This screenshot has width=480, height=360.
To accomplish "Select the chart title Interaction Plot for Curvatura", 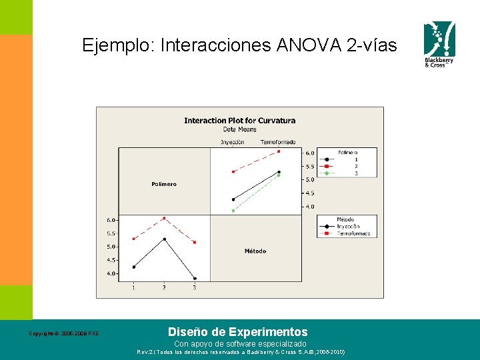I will pos(239,121).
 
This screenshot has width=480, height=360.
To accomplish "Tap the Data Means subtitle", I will pos(239,129).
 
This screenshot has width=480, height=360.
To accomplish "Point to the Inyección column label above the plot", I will pos(233,142).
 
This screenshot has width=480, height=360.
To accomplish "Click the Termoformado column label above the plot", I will pos(278,142).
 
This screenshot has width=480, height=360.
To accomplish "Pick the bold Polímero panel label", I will pos(164,184).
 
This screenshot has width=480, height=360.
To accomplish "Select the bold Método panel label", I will pos(255,251).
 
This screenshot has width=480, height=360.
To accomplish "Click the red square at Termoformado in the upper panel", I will pos(279,151).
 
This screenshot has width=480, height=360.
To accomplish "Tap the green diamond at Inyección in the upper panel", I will pos(233,211).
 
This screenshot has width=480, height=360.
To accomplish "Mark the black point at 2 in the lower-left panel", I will pos(164,239).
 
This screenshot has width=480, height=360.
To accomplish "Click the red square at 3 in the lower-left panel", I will pos(195,242).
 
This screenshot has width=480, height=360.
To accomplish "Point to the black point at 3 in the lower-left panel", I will pos(195,279).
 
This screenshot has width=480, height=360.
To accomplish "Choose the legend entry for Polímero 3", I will pos(347,173).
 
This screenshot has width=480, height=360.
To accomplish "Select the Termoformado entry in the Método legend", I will pos(351,233).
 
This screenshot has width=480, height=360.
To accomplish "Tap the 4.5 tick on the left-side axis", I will pos(111,260).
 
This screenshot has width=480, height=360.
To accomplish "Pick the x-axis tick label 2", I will pos(164,287).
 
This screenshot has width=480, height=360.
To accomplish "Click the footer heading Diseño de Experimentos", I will pos(238,331).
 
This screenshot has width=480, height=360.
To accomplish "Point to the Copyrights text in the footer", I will pos(63,333).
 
